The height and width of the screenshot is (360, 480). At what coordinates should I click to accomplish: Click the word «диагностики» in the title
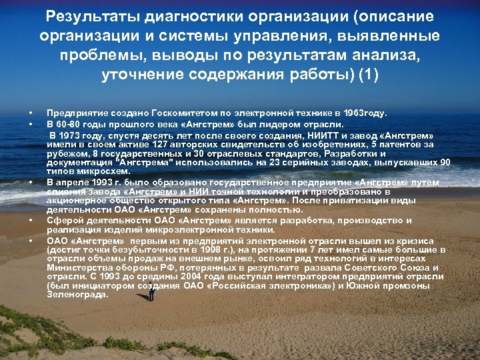pos(189,16)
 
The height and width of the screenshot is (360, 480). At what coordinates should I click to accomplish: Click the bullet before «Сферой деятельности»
pos(30,221)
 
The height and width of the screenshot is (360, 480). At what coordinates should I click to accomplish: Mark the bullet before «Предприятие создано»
pos(30,114)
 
